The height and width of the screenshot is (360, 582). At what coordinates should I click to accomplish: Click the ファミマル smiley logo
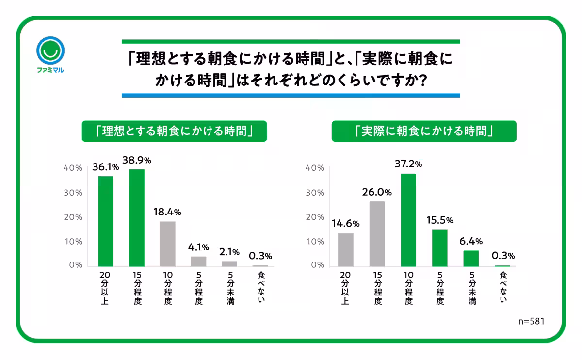pyautogui.click(x=50, y=50)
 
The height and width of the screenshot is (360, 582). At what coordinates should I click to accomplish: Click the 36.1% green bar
pyautogui.click(x=106, y=221)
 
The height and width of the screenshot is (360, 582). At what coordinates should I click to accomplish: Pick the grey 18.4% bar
pyautogui.click(x=168, y=244)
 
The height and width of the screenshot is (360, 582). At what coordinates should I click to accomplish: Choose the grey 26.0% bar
pyautogui.click(x=377, y=233)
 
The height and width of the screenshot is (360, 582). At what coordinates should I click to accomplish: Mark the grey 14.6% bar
pyautogui.click(x=346, y=249)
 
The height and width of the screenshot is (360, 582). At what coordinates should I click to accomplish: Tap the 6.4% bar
pyautogui.click(x=471, y=258)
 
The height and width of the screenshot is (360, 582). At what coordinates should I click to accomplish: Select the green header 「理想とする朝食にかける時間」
pyautogui.click(x=174, y=131)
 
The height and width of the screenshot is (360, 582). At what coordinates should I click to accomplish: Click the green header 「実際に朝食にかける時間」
pyautogui.click(x=424, y=131)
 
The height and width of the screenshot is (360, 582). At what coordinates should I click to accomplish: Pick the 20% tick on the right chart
pyautogui.click(x=314, y=217)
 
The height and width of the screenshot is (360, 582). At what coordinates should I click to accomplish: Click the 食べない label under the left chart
pyautogui.click(x=260, y=289)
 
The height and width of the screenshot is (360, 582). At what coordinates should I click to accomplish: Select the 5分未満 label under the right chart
pyautogui.click(x=471, y=289)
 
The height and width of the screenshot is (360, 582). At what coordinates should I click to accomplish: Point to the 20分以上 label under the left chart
pyautogui.click(x=106, y=289)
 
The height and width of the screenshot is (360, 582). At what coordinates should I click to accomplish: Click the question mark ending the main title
pyautogui.click(x=421, y=81)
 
